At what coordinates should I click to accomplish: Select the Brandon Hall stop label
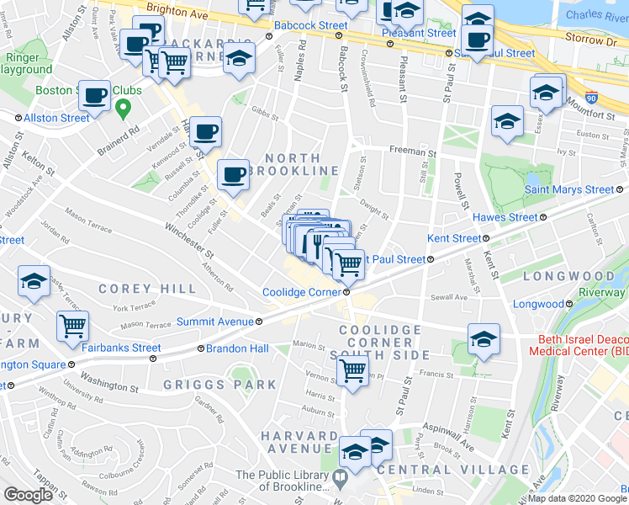(x=232, y=348)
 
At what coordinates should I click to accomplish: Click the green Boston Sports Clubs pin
(x=124, y=108)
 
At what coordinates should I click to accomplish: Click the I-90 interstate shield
(x=592, y=98)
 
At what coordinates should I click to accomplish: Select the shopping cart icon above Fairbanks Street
(x=73, y=325)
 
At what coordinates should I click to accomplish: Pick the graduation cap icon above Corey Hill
(x=34, y=282)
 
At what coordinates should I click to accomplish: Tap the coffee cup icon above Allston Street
(x=94, y=95)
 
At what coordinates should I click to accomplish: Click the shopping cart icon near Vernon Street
(x=352, y=370)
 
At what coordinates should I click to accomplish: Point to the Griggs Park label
(x=221, y=385)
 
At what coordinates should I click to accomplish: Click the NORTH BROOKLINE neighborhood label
(x=293, y=164)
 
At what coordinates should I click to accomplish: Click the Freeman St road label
(x=412, y=153)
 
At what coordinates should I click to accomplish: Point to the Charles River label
(x=596, y=15)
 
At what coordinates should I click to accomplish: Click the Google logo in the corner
(x=28, y=494)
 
